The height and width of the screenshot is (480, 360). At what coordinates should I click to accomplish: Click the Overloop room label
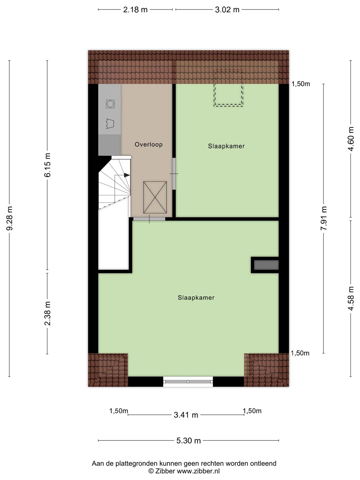pos(148,144)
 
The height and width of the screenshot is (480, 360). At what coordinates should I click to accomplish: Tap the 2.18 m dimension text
pos(135,10)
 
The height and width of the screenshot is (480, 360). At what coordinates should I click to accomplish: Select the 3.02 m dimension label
pos(227,10)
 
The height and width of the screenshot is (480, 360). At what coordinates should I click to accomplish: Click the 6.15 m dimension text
pos(47,165)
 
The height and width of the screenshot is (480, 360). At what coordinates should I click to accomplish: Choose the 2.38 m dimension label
pos(47,313)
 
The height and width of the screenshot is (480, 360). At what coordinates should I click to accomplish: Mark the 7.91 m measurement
pos(324,218)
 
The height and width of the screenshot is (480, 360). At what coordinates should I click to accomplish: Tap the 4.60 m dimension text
pos(351,139)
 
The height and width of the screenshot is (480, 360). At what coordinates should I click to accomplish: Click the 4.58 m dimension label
pos(351,298)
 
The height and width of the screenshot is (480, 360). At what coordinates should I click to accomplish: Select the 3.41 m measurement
pos(186,415)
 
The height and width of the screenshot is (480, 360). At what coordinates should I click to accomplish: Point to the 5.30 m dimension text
pos(188,440)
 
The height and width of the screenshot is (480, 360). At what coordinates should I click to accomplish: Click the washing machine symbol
pos(110,104)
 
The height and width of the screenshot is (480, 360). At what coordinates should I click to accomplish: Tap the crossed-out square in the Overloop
pos(155,197)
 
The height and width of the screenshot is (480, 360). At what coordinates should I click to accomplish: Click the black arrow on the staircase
pos(127,175)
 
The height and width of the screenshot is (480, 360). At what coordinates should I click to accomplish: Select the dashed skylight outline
pos(228,88)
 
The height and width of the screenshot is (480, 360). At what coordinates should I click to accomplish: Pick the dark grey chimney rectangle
pos(266,265)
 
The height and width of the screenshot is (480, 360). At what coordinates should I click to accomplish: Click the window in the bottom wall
pos(188,382)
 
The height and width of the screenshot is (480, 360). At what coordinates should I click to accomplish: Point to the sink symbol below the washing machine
pos(110,124)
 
